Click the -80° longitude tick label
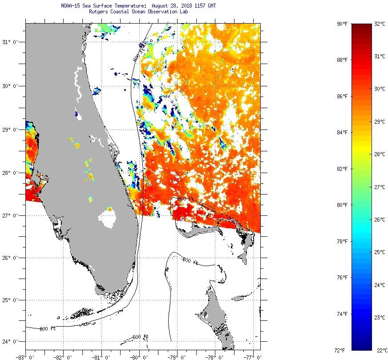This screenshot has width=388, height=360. [x=138, y=356]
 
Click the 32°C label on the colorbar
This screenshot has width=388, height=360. [x=380, y=24]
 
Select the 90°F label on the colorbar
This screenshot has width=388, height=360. [x=342, y=24]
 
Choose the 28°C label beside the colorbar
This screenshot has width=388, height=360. [x=380, y=154]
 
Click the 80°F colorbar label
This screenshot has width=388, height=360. [x=342, y=205]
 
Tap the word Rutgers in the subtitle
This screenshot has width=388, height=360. [x=99, y=12]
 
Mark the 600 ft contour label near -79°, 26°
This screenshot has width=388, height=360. [x=190, y=261]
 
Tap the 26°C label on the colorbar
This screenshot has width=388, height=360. [x=380, y=220]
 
